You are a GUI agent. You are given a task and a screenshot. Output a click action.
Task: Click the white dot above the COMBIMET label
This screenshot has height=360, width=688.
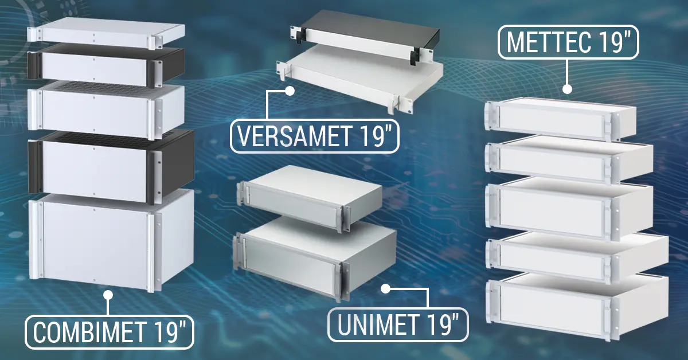[x=108, y=296]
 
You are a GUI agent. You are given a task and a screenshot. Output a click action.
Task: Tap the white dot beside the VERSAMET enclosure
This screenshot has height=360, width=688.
[x=290, y=90]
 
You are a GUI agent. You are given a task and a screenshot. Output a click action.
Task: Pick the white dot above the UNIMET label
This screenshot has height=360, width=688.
[x=386, y=288]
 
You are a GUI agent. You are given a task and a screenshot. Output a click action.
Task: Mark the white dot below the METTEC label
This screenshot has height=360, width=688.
[x=567, y=89]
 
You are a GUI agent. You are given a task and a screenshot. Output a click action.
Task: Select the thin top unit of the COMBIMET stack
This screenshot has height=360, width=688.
[x=106, y=33]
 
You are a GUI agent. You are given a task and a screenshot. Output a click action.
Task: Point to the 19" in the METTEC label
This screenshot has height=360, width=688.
[x=611, y=42]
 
